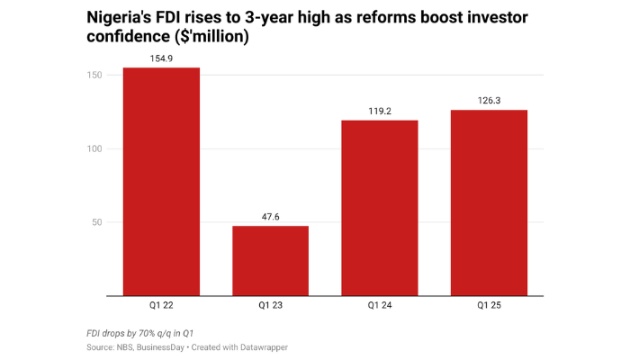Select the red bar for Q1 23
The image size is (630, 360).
(270, 260)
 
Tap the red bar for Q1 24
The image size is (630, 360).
(379, 208)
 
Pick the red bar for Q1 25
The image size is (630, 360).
(489, 202)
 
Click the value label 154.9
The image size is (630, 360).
(161, 58)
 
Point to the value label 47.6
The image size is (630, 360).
(270, 217)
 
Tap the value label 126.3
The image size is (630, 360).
(489, 101)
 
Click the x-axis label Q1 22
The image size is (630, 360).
(161, 306)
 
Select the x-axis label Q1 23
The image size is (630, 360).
(270, 306)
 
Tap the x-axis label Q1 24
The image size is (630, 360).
(379, 306)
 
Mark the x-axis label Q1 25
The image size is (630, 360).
(489, 306)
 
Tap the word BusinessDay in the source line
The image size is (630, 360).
(161, 346)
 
